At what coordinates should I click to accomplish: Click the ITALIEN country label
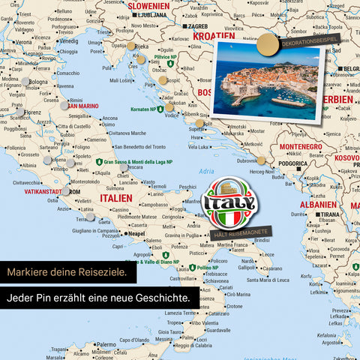click(115, 197)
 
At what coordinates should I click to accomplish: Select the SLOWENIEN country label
click(149, 5)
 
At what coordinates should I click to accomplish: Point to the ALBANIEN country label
click(318, 204)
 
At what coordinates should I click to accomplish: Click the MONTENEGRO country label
click(300, 146)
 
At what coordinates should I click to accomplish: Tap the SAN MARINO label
click(82, 106)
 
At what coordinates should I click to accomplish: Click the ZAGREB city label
click(198, 25)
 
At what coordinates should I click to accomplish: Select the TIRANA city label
click(331, 214)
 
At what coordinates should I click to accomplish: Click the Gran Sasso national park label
click(138, 161)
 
